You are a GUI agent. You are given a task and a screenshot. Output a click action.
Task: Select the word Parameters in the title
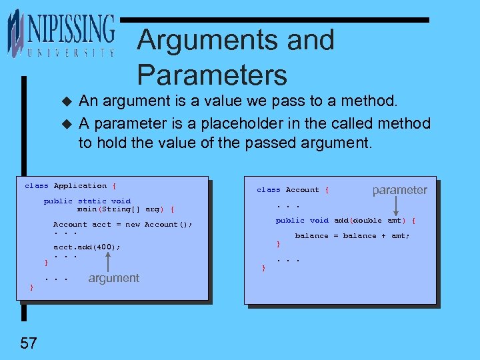[x=212, y=74]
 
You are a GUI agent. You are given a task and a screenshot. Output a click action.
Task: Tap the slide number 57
[x=28, y=343]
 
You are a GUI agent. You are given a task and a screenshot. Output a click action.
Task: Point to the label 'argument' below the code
[x=113, y=278]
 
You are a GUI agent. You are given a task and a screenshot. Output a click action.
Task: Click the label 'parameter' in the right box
[x=399, y=190]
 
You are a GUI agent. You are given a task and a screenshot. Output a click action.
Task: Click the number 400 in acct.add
[x=107, y=247]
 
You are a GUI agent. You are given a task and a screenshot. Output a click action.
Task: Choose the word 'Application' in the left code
[x=80, y=186]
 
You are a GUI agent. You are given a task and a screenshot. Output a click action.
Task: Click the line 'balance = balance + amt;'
[x=352, y=236]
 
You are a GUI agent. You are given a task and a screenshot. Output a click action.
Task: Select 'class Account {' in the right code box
[x=293, y=190]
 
